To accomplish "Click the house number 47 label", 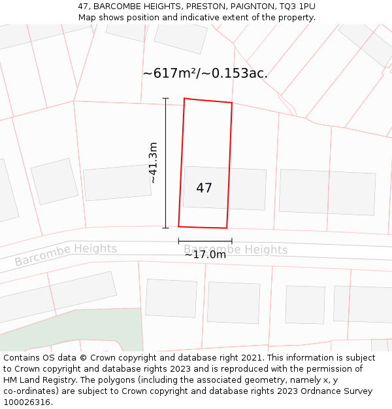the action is pyautogui.click(x=204, y=188).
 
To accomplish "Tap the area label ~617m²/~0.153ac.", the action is pyautogui.click(x=205, y=73).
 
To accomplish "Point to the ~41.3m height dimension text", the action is pyautogui.click(x=152, y=163).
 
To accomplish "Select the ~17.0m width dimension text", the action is pyautogui.click(x=204, y=255).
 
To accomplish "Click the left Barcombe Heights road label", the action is pyautogui.click(x=66, y=255).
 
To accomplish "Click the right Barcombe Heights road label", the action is pyautogui.click(x=235, y=250).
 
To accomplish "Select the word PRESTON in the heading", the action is pyautogui.click(x=197, y=7).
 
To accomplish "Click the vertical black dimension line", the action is pyautogui.click(x=166, y=163).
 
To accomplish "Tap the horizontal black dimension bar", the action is pyautogui.click(x=204, y=241).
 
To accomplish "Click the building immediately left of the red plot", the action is pyautogui.click(x=117, y=183).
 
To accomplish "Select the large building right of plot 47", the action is pyautogui.click(x=327, y=192).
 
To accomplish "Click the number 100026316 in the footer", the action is pyautogui.click(x=26, y=402).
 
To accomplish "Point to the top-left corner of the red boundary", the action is pyautogui.click(x=184, y=99).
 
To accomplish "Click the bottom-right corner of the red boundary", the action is pyautogui.click(x=227, y=228).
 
